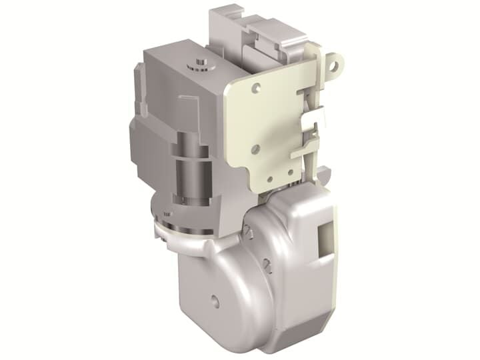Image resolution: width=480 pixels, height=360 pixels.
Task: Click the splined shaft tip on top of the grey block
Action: pos(197,62)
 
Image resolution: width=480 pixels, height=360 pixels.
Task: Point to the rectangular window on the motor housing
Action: pos(327,239)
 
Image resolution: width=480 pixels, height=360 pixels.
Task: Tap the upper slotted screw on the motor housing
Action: pos(247,231)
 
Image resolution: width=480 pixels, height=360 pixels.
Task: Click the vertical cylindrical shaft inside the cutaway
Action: pos(189,170)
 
